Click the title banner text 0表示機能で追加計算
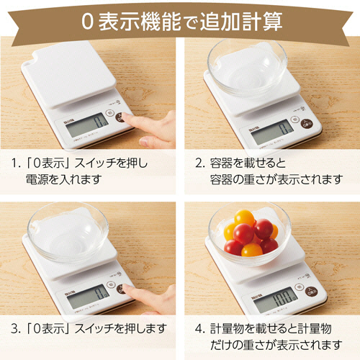181,22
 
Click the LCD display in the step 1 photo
87,125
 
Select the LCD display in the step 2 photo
272,131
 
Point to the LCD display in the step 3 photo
88,297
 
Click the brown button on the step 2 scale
307,123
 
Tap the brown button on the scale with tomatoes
311,292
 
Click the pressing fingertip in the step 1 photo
124,117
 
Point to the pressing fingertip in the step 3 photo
125,289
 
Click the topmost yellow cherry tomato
244,217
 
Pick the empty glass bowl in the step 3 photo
68,233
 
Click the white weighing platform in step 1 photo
69,74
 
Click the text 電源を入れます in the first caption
64,179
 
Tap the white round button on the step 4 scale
299,287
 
